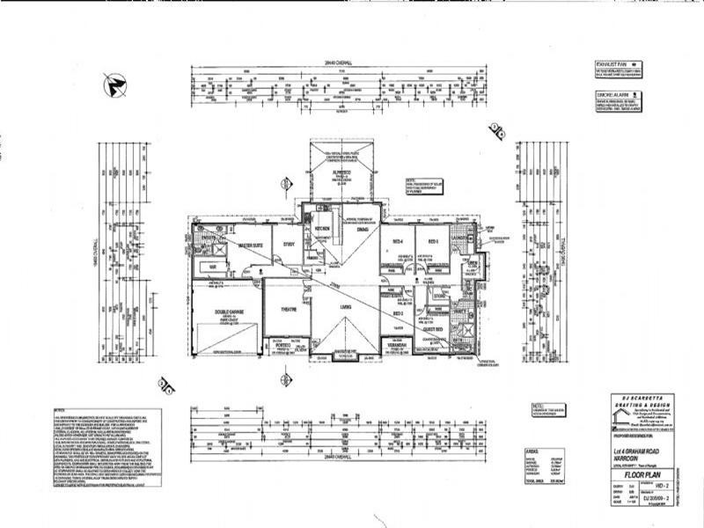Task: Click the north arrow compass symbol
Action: pyautogui.click(x=114, y=84)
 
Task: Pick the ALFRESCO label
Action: pyautogui.click(x=341, y=172)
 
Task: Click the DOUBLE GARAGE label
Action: pyautogui.click(x=227, y=311)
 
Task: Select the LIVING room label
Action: pyautogui.click(x=347, y=305)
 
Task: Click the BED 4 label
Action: pyautogui.click(x=398, y=240)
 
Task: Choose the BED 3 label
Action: pyautogui.click(x=398, y=313)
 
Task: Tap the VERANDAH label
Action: pyautogui.click(x=396, y=346)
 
